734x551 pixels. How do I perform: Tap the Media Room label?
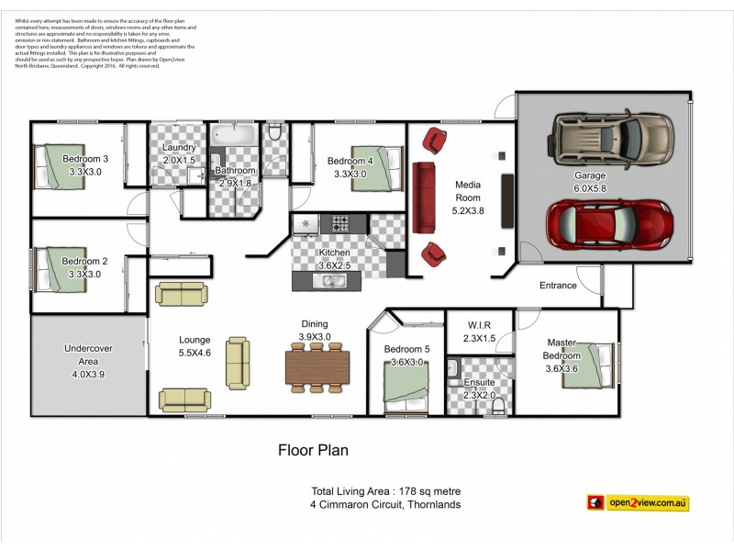[x=468, y=190]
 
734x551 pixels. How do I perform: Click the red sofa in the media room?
[x=424, y=197]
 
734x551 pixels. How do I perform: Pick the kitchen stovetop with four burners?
[x=341, y=223]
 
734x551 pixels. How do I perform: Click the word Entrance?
[x=558, y=286]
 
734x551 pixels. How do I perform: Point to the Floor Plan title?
[x=313, y=451]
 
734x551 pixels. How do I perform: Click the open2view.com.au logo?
[x=638, y=502]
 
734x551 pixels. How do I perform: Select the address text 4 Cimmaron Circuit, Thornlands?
[x=385, y=504]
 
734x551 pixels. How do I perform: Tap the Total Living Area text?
[x=385, y=490]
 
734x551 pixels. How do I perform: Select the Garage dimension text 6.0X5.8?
[x=591, y=188]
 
